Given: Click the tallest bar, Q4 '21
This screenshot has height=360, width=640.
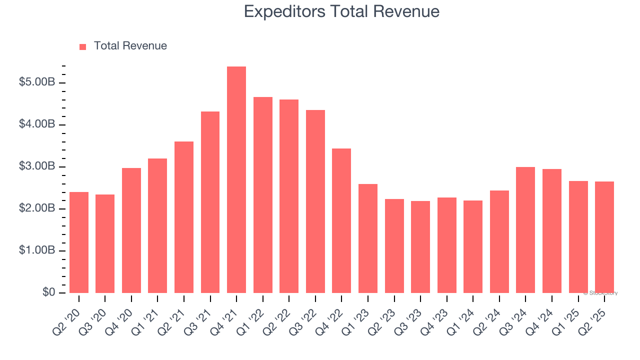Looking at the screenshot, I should (x=236, y=180).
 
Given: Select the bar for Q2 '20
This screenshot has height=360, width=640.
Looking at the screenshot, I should (x=79, y=242).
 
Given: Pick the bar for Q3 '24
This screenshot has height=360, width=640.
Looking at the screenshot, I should (x=525, y=230).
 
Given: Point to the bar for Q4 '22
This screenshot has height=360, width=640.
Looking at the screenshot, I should (x=341, y=220).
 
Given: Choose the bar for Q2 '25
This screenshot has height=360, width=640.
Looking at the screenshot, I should (x=604, y=237).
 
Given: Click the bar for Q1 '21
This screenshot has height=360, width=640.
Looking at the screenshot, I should (x=157, y=225).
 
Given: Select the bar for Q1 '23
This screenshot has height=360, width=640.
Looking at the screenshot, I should (x=368, y=238).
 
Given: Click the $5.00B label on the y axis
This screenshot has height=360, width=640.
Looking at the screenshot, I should (x=36, y=82).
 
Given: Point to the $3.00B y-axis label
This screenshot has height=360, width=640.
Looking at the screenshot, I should (x=36, y=166).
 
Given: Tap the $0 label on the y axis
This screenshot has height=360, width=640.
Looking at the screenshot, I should (x=48, y=292).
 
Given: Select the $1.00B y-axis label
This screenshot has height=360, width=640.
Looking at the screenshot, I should (x=36, y=250).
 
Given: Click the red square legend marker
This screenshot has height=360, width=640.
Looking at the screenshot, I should (x=83, y=46).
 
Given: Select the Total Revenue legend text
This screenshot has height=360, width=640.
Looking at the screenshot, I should (x=130, y=46).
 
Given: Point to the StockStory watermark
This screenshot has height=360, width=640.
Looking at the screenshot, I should (x=600, y=293).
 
